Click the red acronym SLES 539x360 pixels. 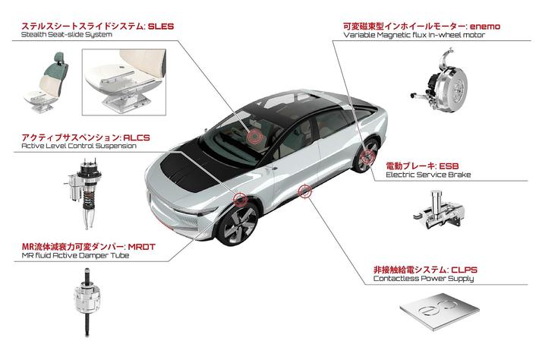[161, 26]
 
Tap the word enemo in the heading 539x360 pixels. [485, 26]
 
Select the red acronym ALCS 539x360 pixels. [137, 137]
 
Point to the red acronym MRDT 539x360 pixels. [142, 247]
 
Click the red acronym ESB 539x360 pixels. [449, 166]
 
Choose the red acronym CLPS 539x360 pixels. [464, 270]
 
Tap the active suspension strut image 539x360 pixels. [84, 193]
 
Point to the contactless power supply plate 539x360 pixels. [440, 311]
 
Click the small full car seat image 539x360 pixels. [46, 82]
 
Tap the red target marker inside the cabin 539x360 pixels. [254, 137]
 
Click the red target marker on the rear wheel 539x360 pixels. [367, 156]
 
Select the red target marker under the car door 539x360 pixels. [304, 191]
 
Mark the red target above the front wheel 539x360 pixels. [240, 199]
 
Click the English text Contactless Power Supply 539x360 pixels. [424, 279]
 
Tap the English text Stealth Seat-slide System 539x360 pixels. [66, 35]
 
